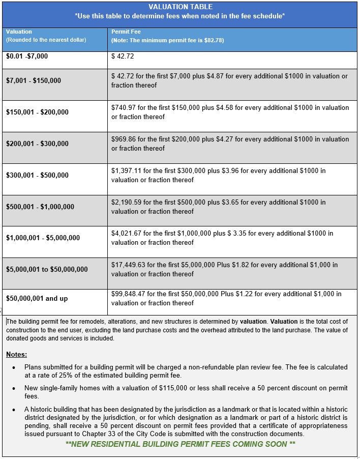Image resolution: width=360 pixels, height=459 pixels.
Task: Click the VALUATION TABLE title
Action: tap(181, 7)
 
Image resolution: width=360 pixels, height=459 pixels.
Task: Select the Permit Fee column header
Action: tap(123, 32)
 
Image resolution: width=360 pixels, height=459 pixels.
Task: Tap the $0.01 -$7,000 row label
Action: tap(27, 56)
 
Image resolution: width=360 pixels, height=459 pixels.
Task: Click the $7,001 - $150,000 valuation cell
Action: tap(34, 80)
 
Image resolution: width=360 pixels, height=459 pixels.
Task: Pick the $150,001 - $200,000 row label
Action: tap(37, 112)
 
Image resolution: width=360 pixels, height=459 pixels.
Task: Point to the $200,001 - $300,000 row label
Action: tap(37, 144)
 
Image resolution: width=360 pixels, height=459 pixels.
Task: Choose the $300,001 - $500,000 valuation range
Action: tap(37, 175)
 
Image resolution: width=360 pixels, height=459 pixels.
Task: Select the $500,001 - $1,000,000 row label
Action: tap(40, 207)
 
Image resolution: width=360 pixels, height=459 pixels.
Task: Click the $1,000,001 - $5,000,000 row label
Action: tap(43, 238)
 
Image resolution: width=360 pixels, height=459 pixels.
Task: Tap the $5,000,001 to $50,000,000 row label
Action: tap(47, 269)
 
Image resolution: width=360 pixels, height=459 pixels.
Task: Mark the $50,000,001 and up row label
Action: tap(37, 298)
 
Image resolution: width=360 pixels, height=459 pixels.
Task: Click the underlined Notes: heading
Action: tap(17, 354)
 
